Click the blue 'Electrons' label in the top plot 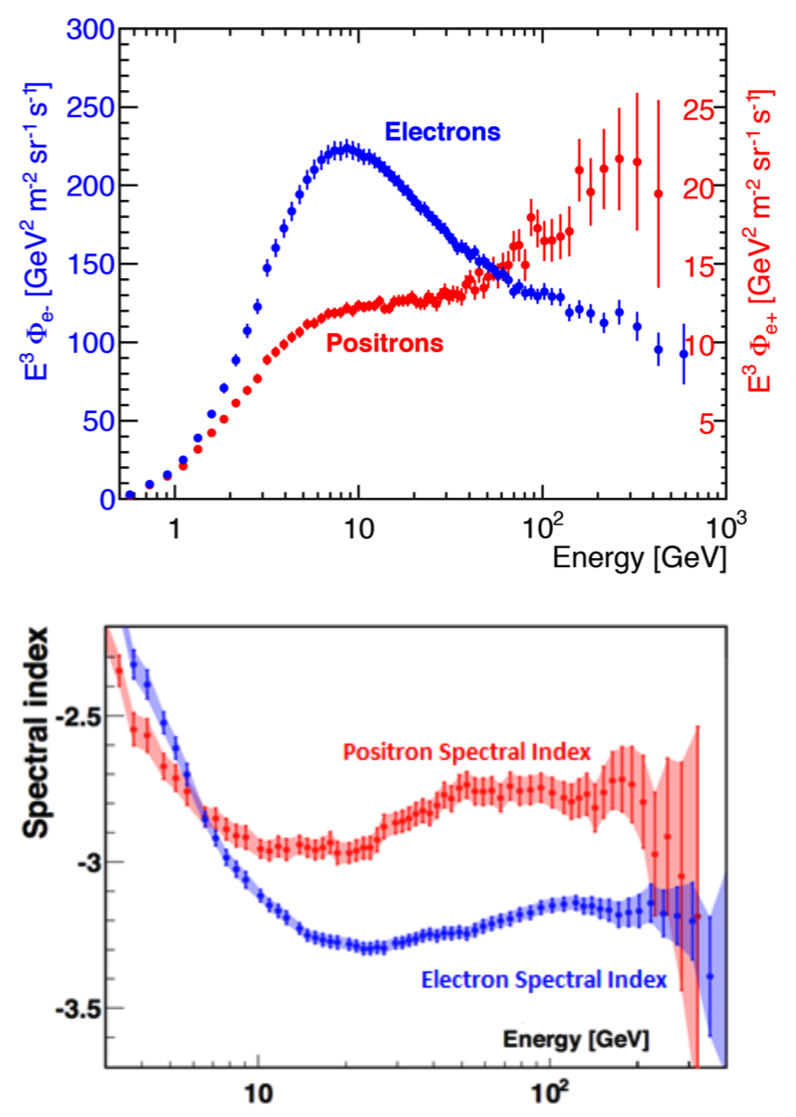point(442,132)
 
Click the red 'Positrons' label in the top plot point(385,344)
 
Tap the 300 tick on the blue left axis point(88,31)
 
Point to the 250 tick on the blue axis point(88,108)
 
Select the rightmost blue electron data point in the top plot point(684,354)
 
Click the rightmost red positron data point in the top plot point(658,194)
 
